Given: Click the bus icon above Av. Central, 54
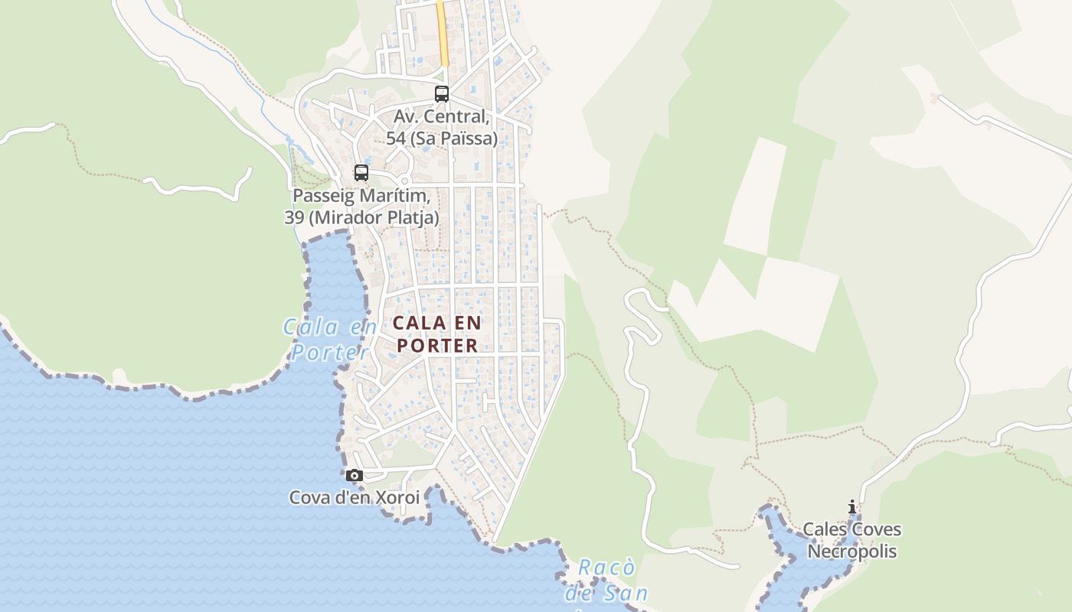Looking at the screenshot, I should point(442,94).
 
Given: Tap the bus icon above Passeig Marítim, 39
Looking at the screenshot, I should point(361,173).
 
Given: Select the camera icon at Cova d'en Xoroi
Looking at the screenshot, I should point(354,475).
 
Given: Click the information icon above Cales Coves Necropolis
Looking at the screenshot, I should point(851,506).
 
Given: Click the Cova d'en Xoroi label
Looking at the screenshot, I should point(354,497).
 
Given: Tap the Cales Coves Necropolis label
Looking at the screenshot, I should point(851,540).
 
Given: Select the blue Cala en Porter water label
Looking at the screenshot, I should point(330,339).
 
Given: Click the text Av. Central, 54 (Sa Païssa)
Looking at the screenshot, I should point(442,128).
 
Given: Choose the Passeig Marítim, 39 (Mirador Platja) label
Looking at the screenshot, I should point(361,207).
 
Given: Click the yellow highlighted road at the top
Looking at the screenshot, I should point(443,34).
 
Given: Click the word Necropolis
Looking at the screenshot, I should point(851,552).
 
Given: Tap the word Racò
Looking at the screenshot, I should point(606,568).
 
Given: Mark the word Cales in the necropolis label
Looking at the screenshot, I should point(824,529).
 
